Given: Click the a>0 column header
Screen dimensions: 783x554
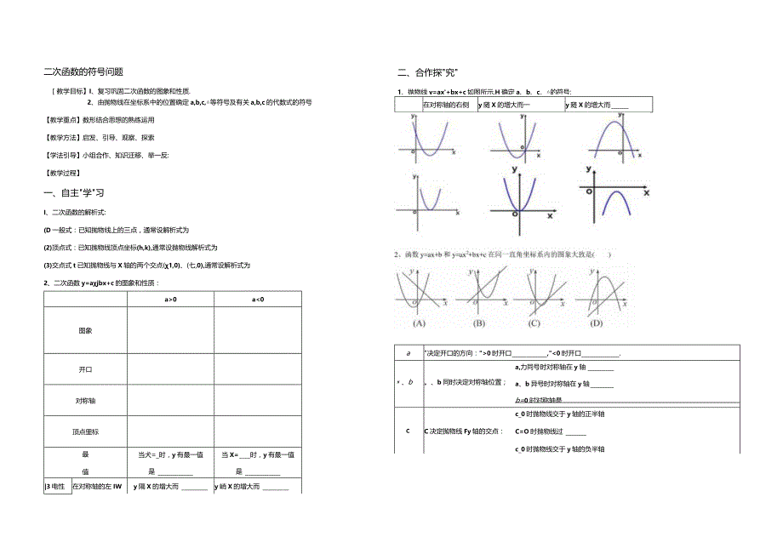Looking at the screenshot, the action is [170, 299].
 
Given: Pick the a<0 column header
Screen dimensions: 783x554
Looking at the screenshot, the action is [257, 299].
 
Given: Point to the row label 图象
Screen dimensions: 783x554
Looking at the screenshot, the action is [85, 330].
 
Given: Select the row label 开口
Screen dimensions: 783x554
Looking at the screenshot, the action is [85, 368].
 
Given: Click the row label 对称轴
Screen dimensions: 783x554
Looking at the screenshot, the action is [85, 399].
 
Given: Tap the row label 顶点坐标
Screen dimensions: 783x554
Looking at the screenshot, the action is [85, 431].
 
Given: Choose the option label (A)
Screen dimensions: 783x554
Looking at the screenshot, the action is [419, 323].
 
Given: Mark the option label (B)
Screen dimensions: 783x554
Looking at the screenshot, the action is [479, 323].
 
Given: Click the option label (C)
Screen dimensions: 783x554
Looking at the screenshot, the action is [534, 323].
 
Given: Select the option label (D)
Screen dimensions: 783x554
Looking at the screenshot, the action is [597, 323].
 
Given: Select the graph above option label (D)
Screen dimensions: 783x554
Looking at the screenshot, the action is [601, 291].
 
